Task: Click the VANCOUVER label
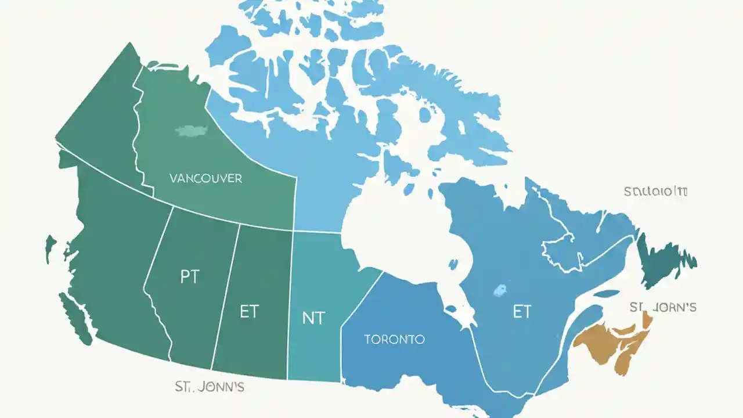(x=205, y=178)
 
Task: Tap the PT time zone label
(x=189, y=277)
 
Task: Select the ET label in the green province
(x=248, y=312)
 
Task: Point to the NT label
(x=313, y=318)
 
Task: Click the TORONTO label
(x=394, y=339)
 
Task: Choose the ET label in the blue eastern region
(x=521, y=312)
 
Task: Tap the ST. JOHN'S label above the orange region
(x=663, y=307)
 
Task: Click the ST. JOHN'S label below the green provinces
(x=209, y=387)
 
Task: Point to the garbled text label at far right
(x=655, y=191)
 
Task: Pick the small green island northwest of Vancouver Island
(x=51, y=247)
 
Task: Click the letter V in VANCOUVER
(x=173, y=178)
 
